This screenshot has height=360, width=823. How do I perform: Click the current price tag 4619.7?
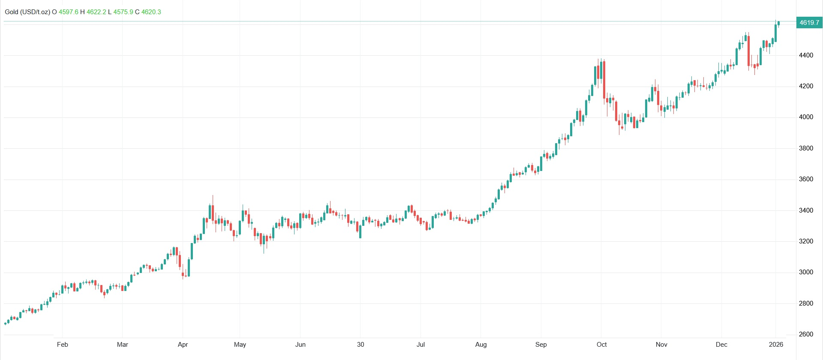[x=809, y=23]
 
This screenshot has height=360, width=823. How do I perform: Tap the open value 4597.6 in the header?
[x=69, y=12]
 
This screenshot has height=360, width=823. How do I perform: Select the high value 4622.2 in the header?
[x=96, y=12]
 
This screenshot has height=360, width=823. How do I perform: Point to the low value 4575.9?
[x=123, y=12]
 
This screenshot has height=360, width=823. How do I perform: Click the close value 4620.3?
[x=151, y=12]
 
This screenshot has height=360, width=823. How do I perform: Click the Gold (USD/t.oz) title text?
[x=27, y=12]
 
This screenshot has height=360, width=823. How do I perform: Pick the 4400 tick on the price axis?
[x=806, y=55]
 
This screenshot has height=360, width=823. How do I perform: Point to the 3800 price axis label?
[x=806, y=148]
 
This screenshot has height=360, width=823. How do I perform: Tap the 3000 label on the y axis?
[x=806, y=272]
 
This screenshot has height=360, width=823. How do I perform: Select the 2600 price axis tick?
[x=806, y=334]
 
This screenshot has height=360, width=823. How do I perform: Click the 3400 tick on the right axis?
[x=806, y=210]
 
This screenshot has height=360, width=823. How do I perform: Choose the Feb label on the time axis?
[x=63, y=345]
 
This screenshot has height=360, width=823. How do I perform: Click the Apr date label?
[x=183, y=345]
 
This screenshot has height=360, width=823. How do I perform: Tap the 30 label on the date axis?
[x=360, y=345]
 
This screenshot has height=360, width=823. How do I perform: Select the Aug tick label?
[x=481, y=345]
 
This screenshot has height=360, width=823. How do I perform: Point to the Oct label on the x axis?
[x=602, y=345]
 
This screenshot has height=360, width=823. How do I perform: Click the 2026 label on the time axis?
[x=776, y=345]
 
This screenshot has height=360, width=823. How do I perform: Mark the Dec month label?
[x=722, y=345]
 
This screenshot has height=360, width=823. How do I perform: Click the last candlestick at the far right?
[x=778, y=23]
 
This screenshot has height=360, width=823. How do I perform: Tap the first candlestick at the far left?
[x=5, y=324]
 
